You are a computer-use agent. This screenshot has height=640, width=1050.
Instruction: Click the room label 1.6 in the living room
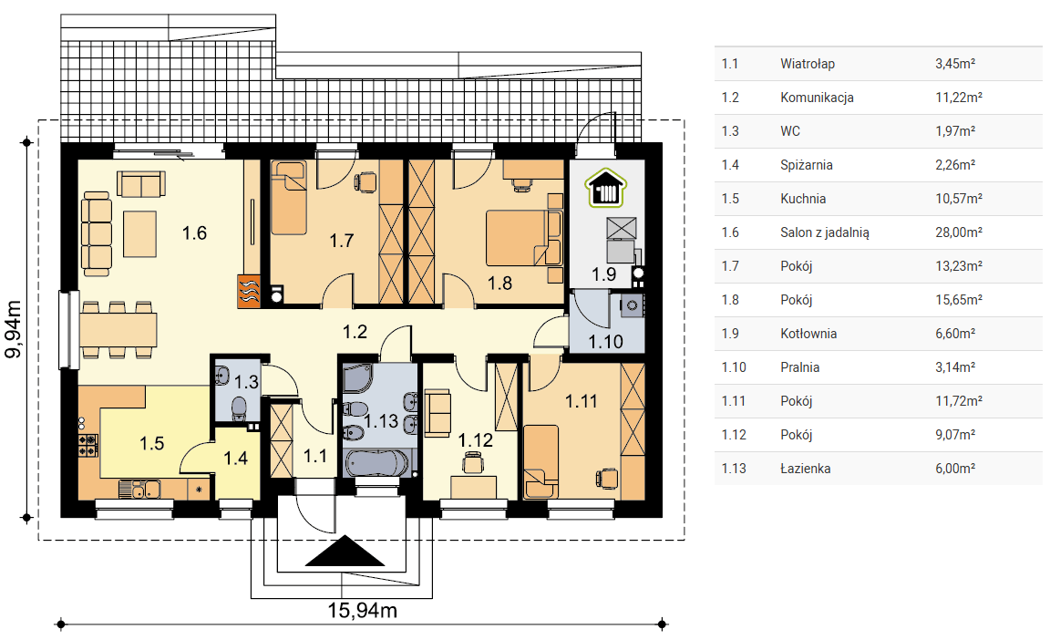point(194,233)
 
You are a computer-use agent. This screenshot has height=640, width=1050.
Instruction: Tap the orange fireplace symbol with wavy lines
point(249,291)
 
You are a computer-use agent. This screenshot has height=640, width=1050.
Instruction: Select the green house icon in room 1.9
point(606,188)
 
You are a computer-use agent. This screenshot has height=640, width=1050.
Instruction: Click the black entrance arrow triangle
point(345,551)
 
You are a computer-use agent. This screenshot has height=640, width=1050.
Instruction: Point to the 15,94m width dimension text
point(362,611)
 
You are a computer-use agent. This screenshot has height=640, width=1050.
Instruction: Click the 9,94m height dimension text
point(14,329)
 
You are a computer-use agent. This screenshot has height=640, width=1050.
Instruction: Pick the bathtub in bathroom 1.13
point(376,462)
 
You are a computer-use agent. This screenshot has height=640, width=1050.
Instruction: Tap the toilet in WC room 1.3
point(239,408)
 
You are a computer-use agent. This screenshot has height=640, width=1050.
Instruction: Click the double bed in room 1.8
point(524,238)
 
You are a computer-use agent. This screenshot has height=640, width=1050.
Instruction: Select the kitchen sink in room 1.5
point(140,490)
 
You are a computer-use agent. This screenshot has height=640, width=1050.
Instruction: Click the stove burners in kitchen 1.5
point(88,445)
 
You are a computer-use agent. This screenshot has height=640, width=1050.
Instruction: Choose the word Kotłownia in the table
point(808,334)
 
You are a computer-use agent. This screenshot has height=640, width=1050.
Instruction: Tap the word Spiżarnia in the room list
point(807,165)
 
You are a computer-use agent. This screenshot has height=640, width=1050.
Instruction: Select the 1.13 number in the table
point(734,469)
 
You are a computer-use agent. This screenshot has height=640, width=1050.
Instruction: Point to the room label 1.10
point(605,342)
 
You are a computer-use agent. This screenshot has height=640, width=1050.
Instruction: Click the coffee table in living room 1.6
point(140,233)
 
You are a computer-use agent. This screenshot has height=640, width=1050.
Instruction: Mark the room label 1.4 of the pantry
point(235,459)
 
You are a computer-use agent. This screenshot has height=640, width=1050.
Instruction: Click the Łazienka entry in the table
point(806,469)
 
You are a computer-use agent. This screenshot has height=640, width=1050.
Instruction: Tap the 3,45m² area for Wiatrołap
point(955,64)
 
